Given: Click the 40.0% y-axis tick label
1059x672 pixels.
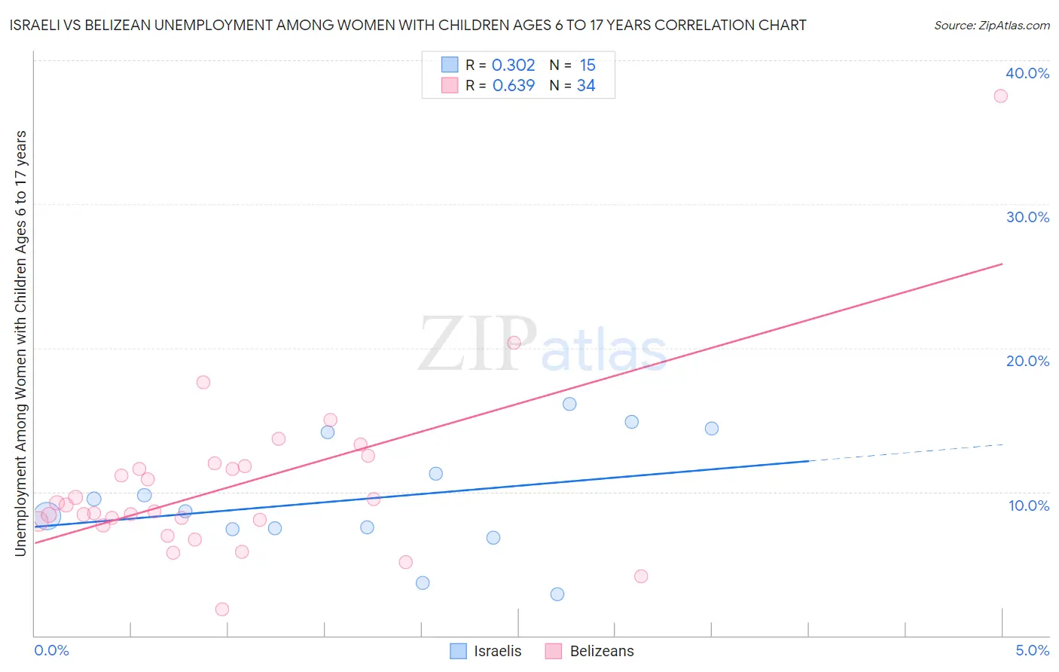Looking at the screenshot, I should point(1027,73).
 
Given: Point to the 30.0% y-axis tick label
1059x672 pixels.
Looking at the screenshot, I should point(1027,217).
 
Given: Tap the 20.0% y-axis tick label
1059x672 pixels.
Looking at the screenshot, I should point(1027,361).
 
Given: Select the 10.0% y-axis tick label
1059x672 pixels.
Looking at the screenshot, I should point(1029,506).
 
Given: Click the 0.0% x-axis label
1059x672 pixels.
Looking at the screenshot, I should point(51,650).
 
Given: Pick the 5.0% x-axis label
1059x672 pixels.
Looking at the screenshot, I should point(1032,650).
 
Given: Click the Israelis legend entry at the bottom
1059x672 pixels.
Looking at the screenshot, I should point(497,651).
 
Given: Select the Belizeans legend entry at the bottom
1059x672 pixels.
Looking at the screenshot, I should point(601,651).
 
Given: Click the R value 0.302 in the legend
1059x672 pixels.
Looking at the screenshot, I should point(513,66).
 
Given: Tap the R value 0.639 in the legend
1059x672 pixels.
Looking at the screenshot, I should point(513,86).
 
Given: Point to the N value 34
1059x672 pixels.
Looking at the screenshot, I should point(586,86).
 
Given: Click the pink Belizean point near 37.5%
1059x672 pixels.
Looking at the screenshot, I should point(1000,96).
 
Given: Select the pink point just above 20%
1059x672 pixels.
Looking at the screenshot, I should point(514,343).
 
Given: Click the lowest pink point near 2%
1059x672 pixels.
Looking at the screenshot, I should point(221,609).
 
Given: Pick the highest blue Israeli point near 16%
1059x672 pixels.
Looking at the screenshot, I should point(569,404).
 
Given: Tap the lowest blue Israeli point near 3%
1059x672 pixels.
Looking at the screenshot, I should point(557,594).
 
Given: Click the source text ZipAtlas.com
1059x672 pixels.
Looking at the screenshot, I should point(991,26).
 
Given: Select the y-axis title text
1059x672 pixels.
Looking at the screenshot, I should point(20,344).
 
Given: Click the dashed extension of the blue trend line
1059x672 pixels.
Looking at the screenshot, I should point(904,452).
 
